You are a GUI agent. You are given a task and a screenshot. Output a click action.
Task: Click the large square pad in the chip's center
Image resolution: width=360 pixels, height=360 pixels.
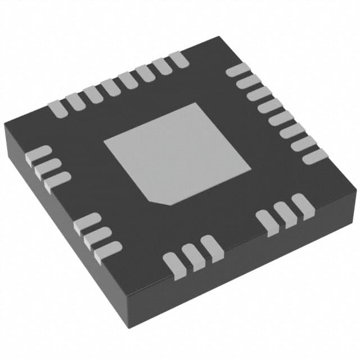[177, 153]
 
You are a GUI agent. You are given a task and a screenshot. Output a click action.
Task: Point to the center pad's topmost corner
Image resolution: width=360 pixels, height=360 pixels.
[195, 103]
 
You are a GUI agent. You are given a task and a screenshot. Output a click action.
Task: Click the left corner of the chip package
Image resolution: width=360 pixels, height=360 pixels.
[5, 125]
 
